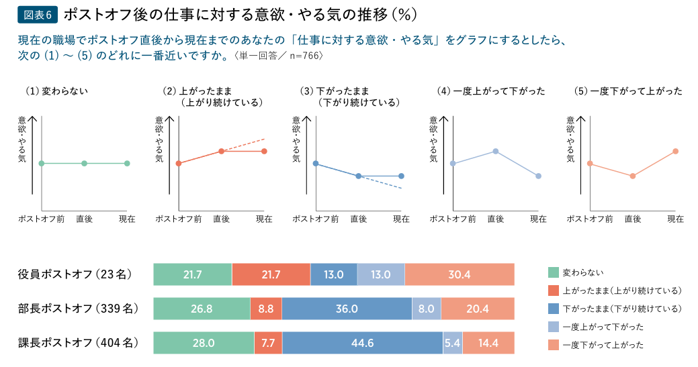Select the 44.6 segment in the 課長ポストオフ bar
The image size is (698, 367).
click(362, 343)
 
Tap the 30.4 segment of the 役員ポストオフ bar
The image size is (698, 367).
click(460, 274)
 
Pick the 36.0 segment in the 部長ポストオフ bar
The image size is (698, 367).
click(347, 309)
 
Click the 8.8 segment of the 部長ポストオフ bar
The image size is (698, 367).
click(266, 309)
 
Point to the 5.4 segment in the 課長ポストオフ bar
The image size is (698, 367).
click(453, 343)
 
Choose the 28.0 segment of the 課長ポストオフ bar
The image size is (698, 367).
click(204, 343)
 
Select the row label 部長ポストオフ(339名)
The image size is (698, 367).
click(77, 309)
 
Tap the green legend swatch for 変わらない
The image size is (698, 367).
click(554, 272)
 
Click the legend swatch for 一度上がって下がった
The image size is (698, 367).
click(554, 327)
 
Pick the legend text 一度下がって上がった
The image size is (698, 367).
click(603, 345)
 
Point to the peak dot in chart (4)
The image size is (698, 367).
click(496, 151)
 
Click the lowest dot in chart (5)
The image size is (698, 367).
click(632, 176)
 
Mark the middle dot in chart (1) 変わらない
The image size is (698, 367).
click(84, 163)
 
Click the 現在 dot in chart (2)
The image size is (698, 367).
click(264, 151)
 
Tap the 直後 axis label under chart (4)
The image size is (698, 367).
click(496, 219)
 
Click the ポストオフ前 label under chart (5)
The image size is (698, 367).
click(590, 219)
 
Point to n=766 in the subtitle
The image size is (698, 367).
click(306, 56)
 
